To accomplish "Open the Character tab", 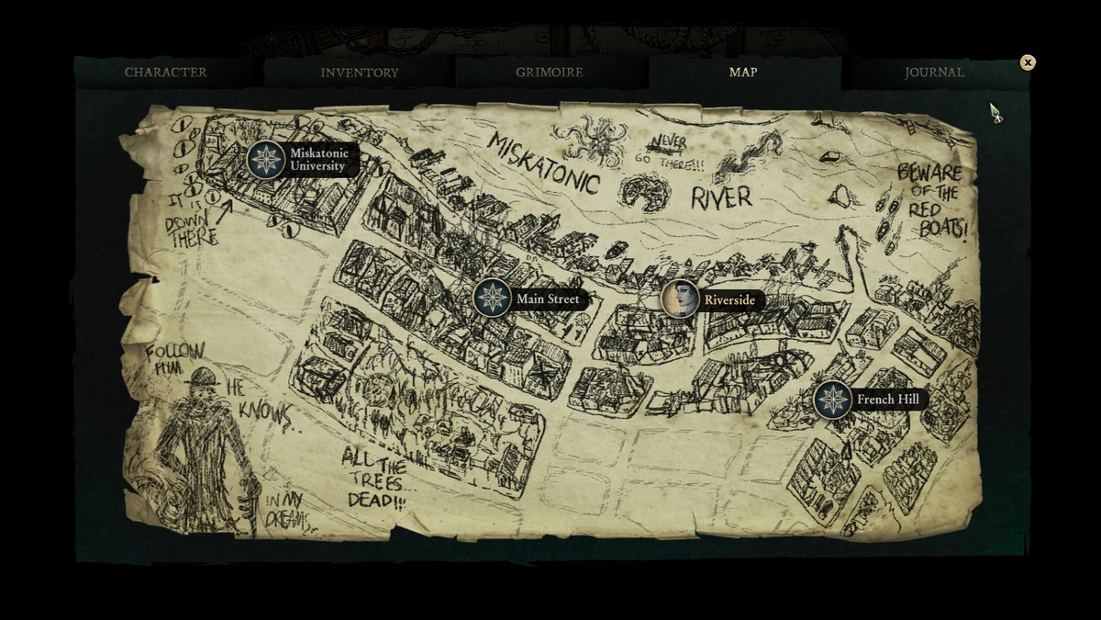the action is (x=166, y=73).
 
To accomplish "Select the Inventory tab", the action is (x=360, y=73).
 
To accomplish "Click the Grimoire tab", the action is (x=549, y=73).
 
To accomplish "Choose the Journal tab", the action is (x=934, y=73).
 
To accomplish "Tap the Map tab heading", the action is (x=743, y=73).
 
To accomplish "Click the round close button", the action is (x=1028, y=62).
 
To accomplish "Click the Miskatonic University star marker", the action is (x=266, y=160).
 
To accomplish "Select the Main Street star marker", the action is (x=493, y=298).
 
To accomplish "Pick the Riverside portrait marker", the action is (x=680, y=299).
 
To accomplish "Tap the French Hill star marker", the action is (x=833, y=400).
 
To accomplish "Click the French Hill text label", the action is (x=887, y=400).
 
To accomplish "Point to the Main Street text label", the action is (x=548, y=299).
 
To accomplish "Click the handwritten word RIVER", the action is (x=721, y=197).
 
